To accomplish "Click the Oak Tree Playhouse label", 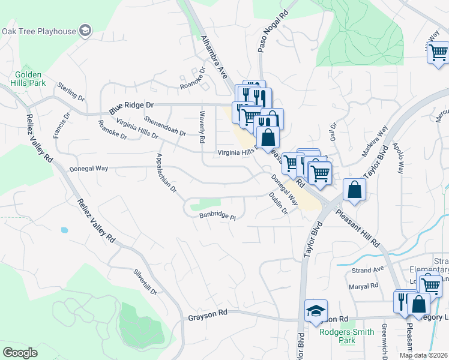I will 39,31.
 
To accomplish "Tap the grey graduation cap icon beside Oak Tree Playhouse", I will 86,31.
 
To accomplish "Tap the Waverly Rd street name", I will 202,122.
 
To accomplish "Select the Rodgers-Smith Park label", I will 346,336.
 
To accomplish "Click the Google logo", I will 20,353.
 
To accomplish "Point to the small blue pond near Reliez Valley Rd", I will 64,229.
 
